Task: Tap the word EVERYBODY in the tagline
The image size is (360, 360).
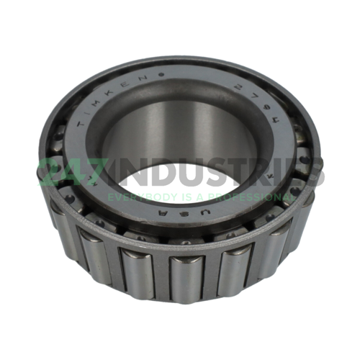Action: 132,196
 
